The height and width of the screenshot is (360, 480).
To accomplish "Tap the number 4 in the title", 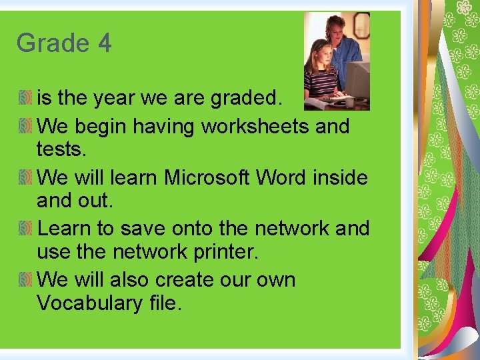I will point(104,43).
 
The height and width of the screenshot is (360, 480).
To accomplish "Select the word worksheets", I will point(255,125).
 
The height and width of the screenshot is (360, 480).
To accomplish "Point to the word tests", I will point(62,149).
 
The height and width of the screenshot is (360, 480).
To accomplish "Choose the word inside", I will point(343,177).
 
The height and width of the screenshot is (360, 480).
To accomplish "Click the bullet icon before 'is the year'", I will point(26,99).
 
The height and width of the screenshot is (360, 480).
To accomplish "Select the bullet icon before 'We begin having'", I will point(26,125).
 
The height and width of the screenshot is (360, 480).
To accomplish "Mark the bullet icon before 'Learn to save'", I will point(26,228).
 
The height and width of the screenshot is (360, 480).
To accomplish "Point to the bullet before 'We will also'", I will point(26,279).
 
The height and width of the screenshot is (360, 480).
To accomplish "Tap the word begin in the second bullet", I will point(95,125).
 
